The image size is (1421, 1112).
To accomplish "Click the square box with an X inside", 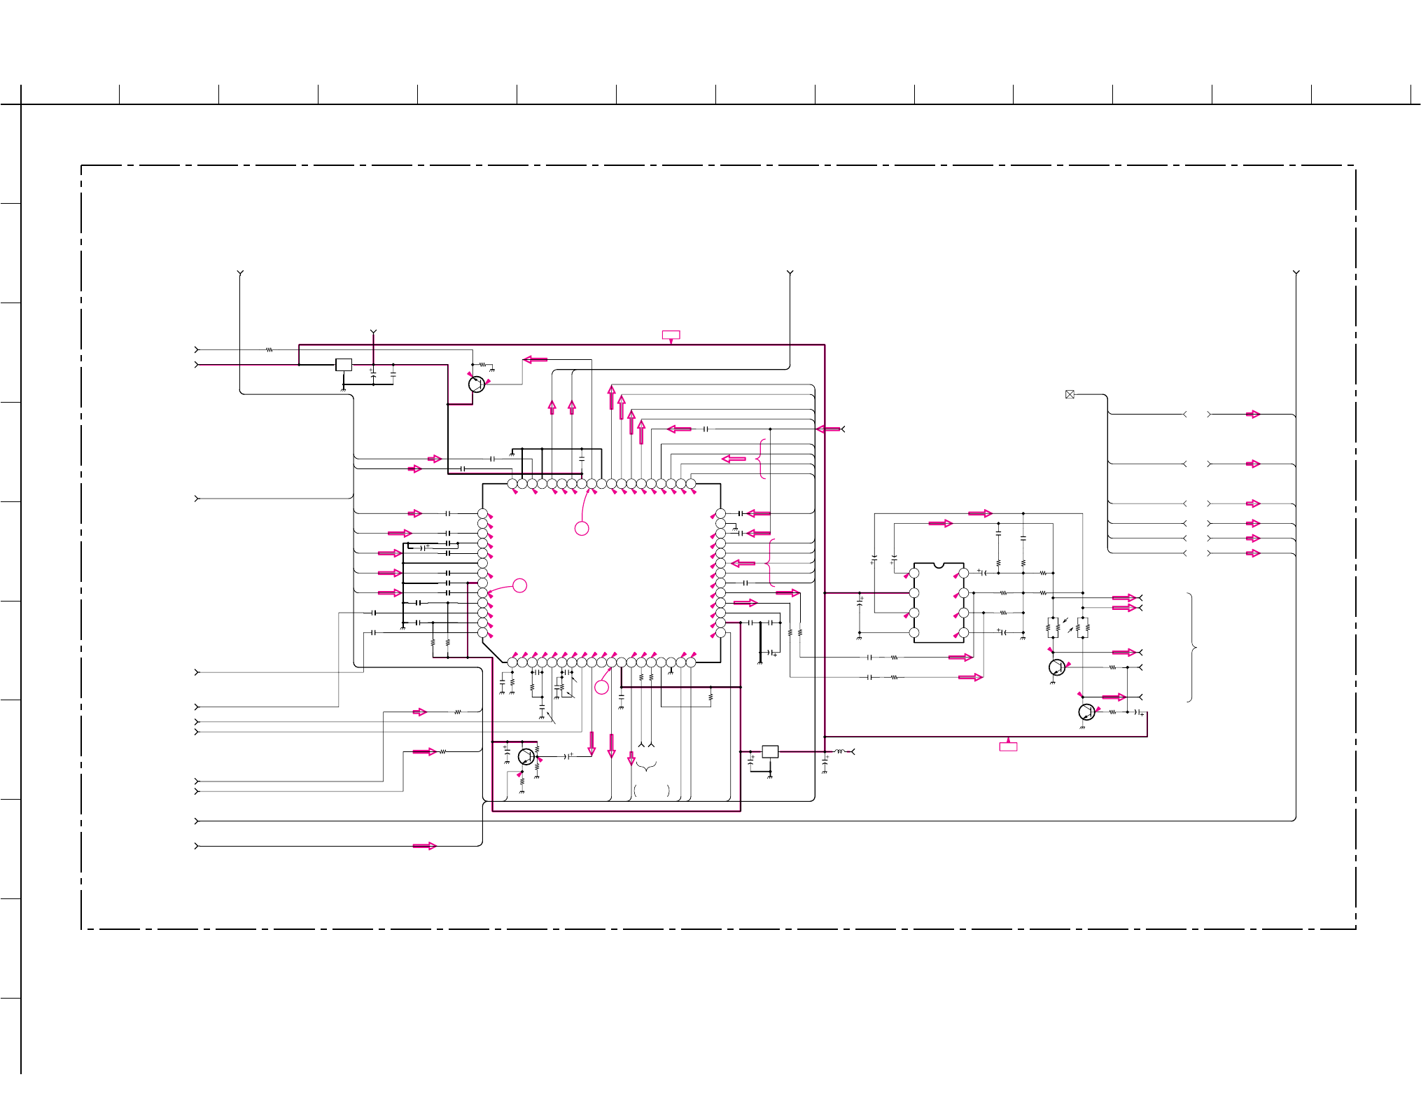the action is coord(1070,394).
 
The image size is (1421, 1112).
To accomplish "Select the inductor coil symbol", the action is coord(839,751).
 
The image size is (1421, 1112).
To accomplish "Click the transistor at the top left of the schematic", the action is coord(477,384).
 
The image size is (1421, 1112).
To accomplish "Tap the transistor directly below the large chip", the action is coord(526,756).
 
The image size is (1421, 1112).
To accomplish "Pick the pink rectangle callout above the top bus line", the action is coord(671,335).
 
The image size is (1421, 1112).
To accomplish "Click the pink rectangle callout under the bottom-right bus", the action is coord(1008,746).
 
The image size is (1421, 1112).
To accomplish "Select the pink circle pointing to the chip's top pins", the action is coord(582,528).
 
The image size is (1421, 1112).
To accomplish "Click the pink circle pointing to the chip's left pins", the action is coord(519,585).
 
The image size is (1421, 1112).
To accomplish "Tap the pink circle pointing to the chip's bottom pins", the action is coord(601,687).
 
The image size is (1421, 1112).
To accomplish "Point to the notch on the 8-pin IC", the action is coord(939,564).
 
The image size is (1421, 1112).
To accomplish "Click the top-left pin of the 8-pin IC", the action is coord(914,573).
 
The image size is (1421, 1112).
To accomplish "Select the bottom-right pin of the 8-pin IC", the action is coord(964,632).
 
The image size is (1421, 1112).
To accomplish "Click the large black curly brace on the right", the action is coord(1192,647).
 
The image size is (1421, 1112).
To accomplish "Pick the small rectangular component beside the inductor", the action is coord(770,751).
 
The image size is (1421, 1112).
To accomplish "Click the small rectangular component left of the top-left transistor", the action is coord(344,364).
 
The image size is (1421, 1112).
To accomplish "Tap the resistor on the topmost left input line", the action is coord(269,349).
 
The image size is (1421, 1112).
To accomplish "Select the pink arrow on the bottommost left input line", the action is coord(424,846).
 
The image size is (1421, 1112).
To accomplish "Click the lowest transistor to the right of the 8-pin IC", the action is coord(1086,712).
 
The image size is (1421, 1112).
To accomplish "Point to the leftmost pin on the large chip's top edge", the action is coord(512,484).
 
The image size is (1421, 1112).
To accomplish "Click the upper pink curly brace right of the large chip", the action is coord(762,459).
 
